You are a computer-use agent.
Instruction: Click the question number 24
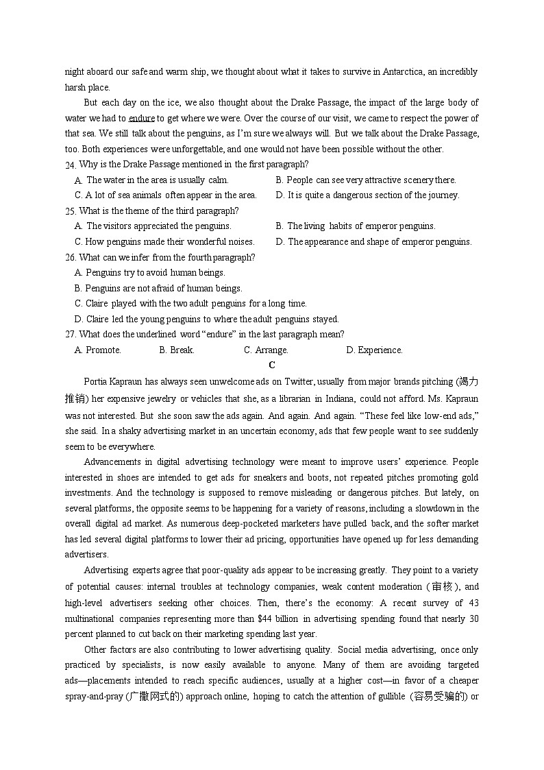click(70, 165)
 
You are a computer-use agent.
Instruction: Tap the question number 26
click(70, 258)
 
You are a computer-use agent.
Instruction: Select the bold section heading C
click(272, 365)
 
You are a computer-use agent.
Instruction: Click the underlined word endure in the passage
click(142, 118)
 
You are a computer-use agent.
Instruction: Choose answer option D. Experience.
click(374, 350)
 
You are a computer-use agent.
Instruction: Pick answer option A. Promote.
click(98, 350)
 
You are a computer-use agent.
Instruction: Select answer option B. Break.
click(177, 350)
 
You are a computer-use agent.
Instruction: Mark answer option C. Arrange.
click(266, 350)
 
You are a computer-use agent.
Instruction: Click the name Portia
click(97, 381)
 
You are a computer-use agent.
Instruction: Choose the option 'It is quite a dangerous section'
click(367, 195)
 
